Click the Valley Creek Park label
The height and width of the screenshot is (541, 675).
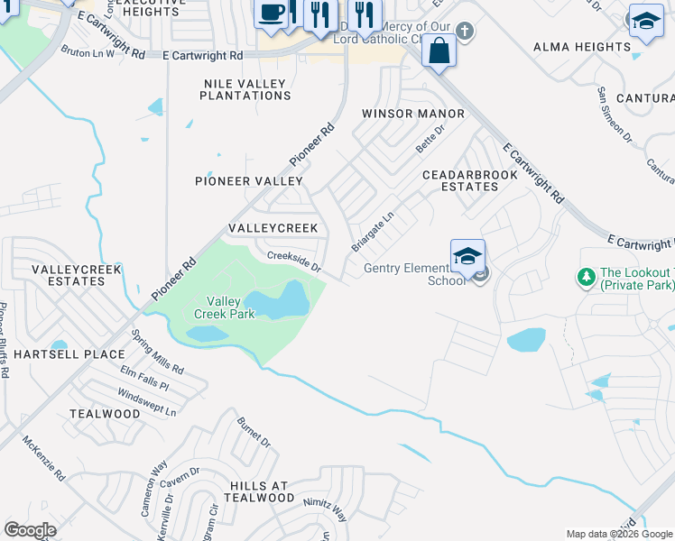click(225, 307)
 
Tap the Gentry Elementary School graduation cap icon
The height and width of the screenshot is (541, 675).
click(468, 256)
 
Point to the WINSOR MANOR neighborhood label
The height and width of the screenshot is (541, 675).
click(413, 114)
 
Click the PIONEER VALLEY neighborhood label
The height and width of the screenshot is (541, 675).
click(249, 181)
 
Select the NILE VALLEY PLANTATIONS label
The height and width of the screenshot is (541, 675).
click(245, 88)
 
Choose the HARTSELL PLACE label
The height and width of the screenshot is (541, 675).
click(55, 354)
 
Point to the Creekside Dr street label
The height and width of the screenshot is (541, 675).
click(293, 261)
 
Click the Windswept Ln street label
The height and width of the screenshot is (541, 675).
click(147, 402)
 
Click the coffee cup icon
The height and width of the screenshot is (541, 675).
click(272, 13)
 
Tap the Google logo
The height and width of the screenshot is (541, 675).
click(30, 530)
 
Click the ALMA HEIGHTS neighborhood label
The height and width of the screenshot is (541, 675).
click(595, 46)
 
